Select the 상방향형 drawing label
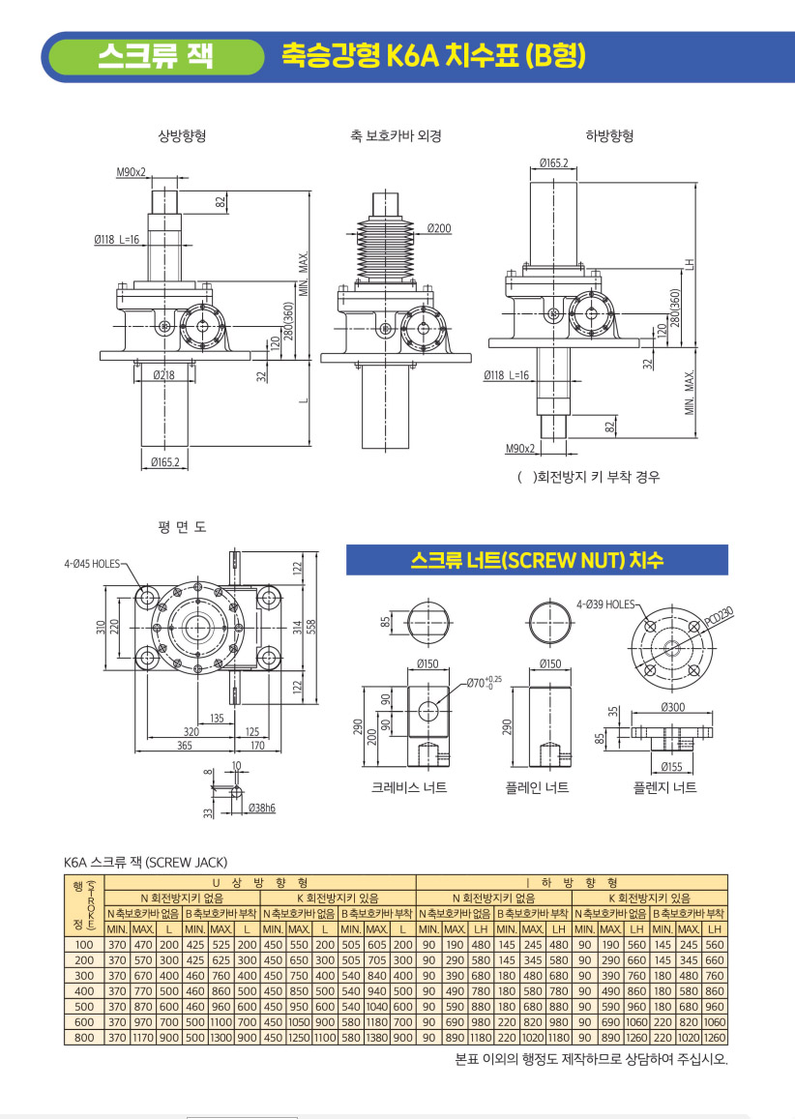pos(182,135)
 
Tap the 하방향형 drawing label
pos(609,135)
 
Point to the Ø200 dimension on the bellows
pos(439,228)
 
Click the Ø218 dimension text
pos(163,374)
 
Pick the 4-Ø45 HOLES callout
pos(92,564)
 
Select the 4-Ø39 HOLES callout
pos(605,604)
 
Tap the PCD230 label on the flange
pos(720,617)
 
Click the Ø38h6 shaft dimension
pos(262,808)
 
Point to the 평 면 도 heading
pos(182,527)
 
